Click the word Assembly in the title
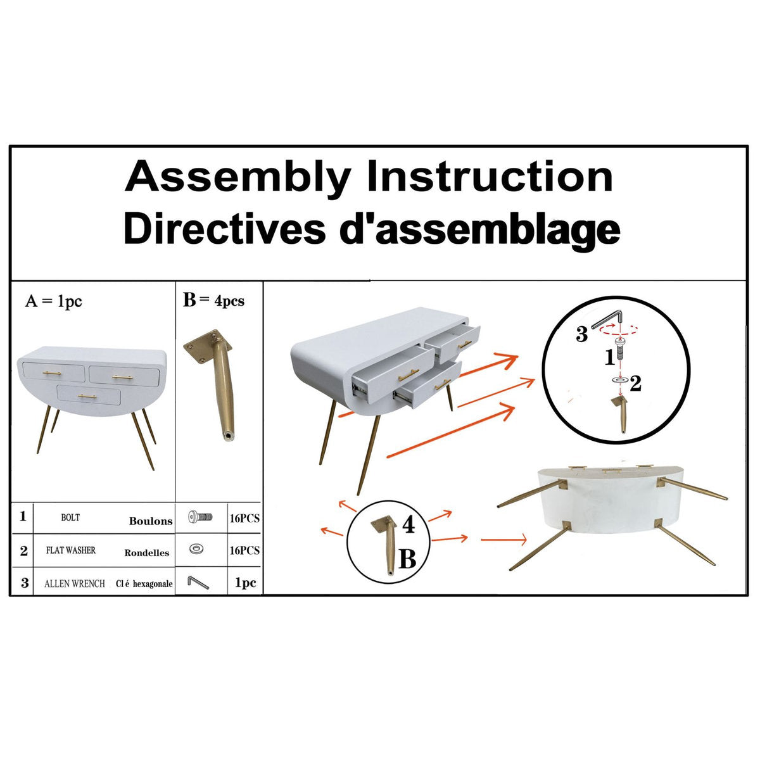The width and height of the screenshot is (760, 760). (238, 177)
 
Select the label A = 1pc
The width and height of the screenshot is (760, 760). (54, 301)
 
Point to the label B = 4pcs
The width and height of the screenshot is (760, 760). (214, 301)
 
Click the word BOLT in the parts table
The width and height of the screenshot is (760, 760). (70, 517)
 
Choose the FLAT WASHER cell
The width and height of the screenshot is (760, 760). (70, 550)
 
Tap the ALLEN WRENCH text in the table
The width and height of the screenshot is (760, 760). (75, 583)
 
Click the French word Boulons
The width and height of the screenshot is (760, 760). (151, 521)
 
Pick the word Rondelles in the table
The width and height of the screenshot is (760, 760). (147, 553)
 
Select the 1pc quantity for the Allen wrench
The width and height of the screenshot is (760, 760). (245, 583)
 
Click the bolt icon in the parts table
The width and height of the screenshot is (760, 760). (201, 517)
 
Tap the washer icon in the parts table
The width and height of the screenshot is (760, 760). (196, 548)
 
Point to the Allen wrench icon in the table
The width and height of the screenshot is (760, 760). (198, 583)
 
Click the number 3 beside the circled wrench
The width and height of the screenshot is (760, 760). (582, 334)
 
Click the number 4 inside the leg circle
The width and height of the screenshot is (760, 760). (408, 526)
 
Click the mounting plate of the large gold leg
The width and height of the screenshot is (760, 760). (208, 345)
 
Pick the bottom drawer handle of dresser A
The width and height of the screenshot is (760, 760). (87, 396)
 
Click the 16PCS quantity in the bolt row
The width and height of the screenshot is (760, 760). (244, 518)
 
